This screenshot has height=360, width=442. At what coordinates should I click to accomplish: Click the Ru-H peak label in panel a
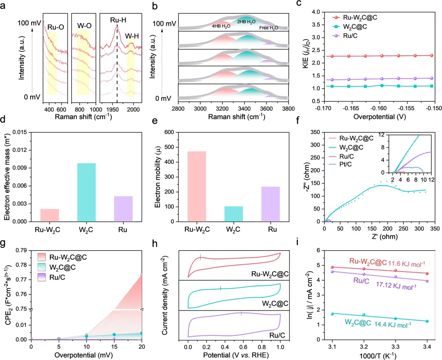tap(117, 19)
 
